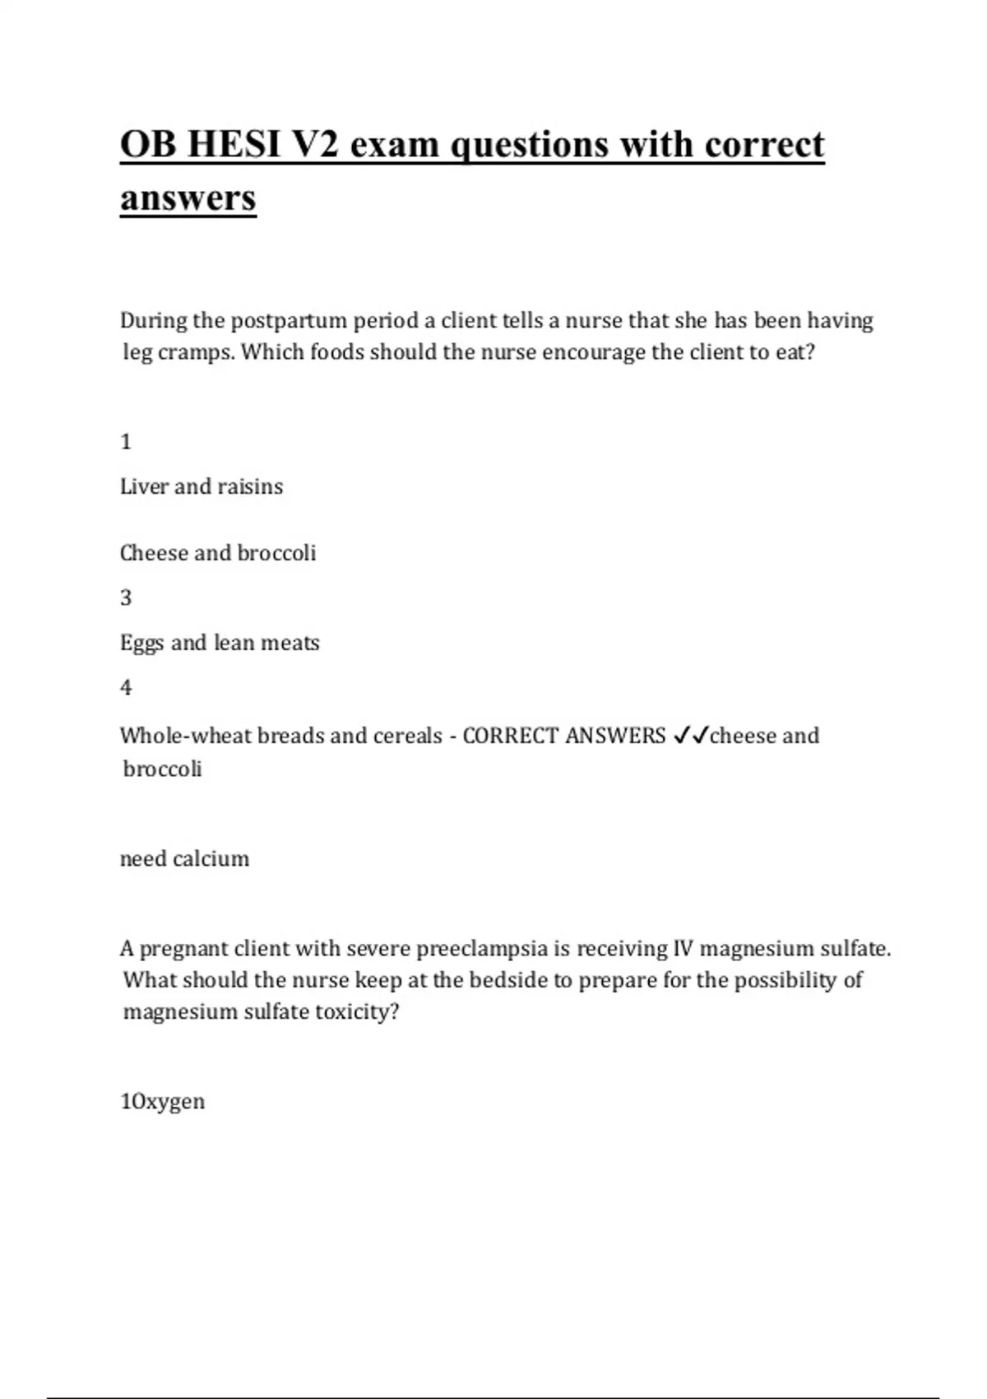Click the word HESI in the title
[x=234, y=145]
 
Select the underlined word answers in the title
[x=188, y=198]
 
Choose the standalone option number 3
[x=126, y=597]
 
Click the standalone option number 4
[x=126, y=687]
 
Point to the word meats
[x=290, y=643]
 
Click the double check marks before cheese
[x=690, y=736]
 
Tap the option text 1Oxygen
[x=163, y=1101]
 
